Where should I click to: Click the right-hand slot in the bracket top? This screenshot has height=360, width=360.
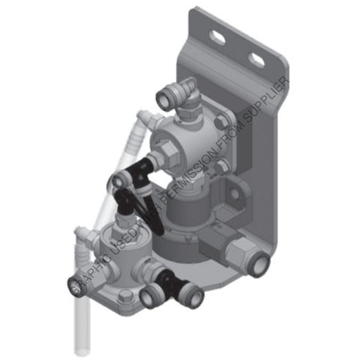pos(256,58)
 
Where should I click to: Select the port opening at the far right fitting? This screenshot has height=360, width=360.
pos(259,264)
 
